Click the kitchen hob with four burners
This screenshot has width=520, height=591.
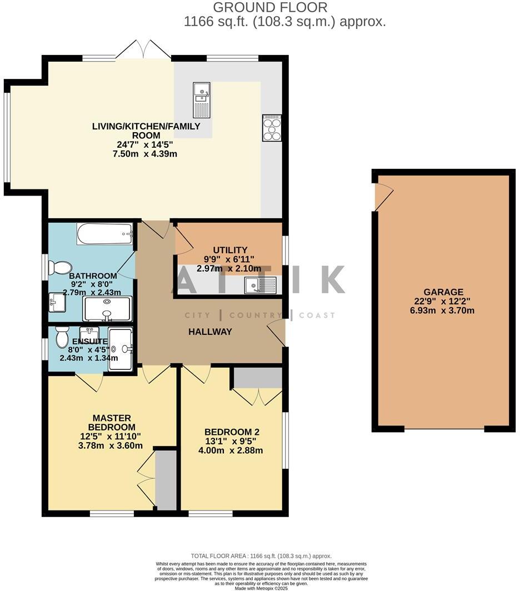272,128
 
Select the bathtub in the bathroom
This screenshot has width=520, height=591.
104,233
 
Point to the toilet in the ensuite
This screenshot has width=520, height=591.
62,337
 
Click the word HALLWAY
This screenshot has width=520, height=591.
209,332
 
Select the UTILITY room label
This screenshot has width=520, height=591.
229,251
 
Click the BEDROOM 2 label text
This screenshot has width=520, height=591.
232,432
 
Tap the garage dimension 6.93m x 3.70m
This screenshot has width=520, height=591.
443,310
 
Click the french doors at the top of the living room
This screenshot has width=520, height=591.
143,50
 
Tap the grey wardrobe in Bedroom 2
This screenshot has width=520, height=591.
257,377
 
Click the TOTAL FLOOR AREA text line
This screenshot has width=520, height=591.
261,555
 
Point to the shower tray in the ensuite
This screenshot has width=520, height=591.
121,348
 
